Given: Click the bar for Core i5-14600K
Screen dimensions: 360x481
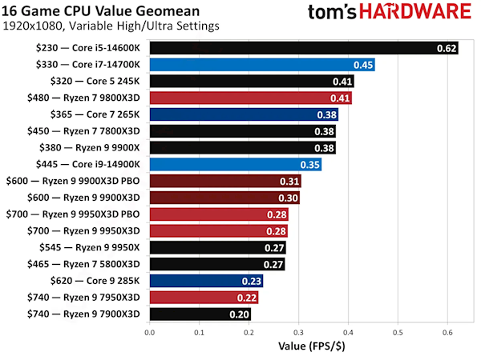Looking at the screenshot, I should click(303, 47).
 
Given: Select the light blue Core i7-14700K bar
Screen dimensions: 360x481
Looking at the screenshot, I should click(261, 64).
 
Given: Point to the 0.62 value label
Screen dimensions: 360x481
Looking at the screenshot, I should click(447, 48).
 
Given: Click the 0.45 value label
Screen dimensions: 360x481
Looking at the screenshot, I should click(363, 65).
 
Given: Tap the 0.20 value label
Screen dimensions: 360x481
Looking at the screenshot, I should click(240, 314).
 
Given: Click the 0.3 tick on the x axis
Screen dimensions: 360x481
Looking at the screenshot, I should click(297, 330).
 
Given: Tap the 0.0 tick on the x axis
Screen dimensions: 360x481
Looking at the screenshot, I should click(149, 330).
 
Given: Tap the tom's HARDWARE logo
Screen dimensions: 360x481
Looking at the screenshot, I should click(390, 14).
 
